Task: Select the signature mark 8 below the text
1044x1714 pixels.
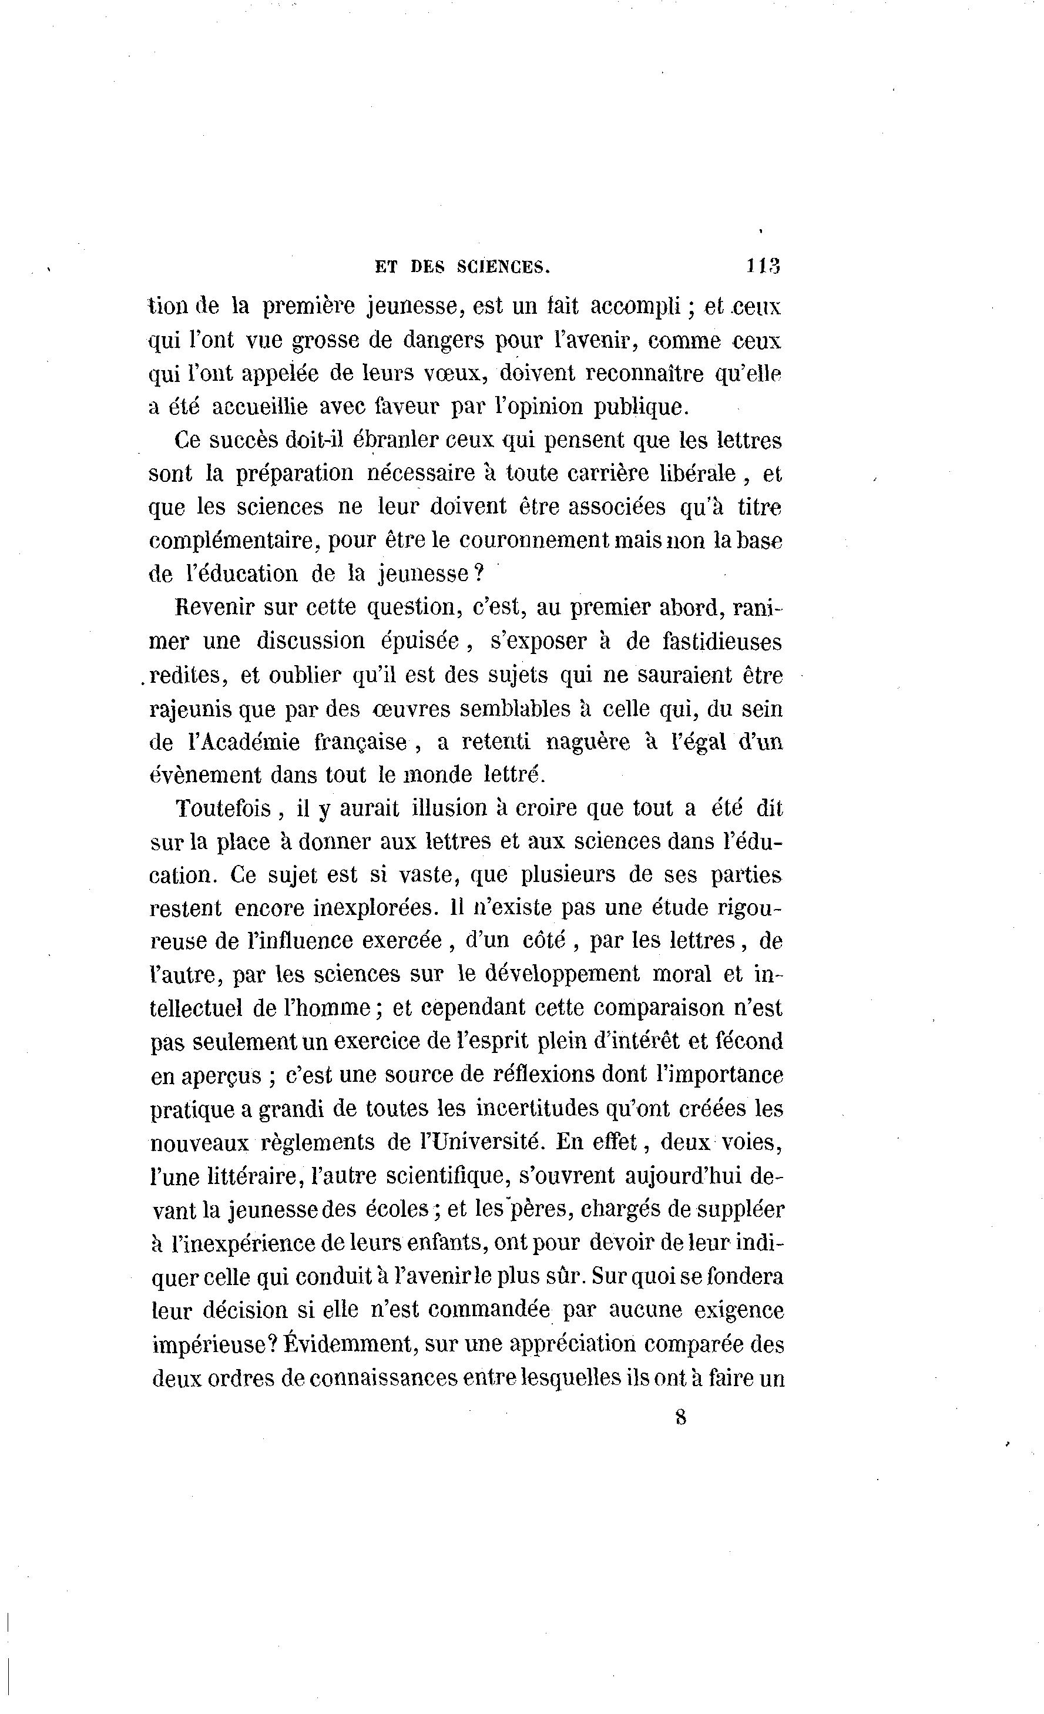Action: pyautogui.click(x=680, y=1417)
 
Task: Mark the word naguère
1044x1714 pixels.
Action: pyautogui.click(x=588, y=742)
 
